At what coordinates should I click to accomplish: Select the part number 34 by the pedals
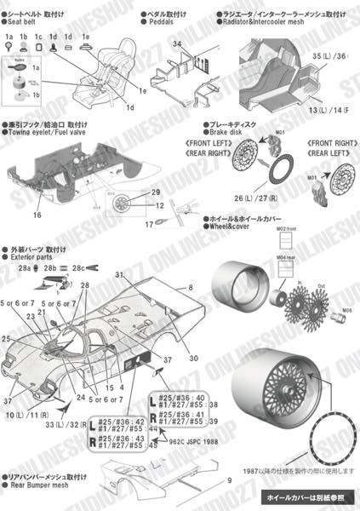click(176, 43)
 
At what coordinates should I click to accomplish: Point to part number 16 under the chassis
click(37, 215)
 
